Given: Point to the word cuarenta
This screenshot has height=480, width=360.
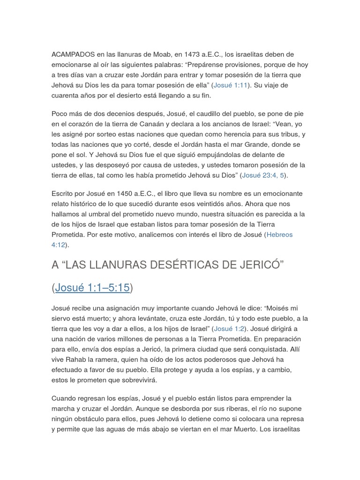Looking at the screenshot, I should coord(66,95).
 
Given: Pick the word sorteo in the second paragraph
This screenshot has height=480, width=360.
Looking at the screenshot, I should coord(102,135).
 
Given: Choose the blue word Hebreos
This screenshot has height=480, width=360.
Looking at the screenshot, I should coord(279,234).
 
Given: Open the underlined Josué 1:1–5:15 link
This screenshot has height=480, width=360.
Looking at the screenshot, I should coord(92,288).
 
